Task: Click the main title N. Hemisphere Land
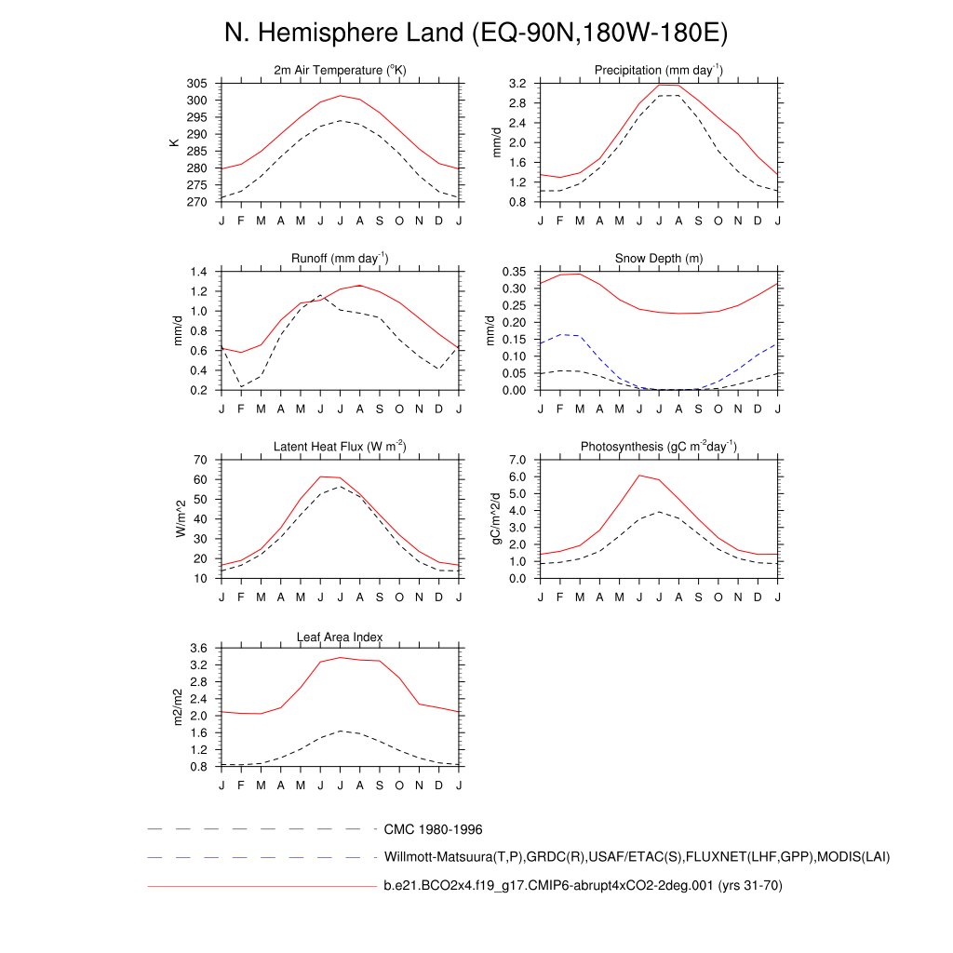(x=476, y=34)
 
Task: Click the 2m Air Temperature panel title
(x=340, y=71)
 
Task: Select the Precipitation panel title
(x=658, y=71)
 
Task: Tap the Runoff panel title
(x=340, y=259)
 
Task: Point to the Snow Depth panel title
(x=658, y=259)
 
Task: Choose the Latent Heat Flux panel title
(x=340, y=447)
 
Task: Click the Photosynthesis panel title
(x=658, y=447)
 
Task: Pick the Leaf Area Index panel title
(x=340, y=637)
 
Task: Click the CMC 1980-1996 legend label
(x=433, y=828)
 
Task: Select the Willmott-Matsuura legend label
(x=637, y=856)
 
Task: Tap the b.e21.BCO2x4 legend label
(x=583, y=886)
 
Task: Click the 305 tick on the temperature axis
(x=196, y=84)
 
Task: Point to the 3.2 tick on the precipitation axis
(x=517, y=84)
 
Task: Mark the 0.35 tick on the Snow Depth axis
(x=514, y=272)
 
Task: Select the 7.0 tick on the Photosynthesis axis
(x=517, y=460)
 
